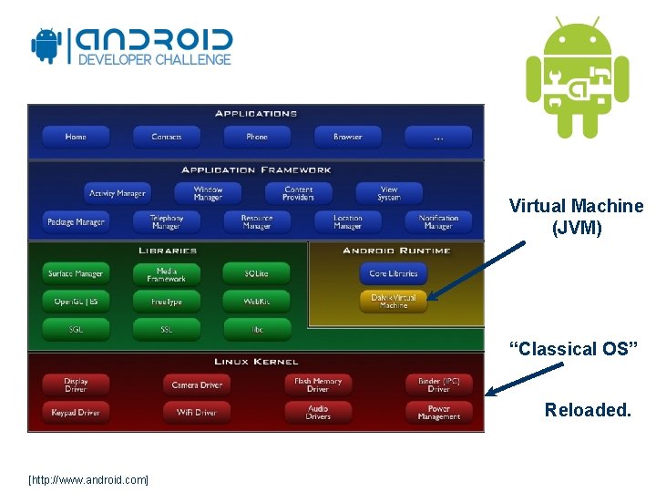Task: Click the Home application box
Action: point(76,137)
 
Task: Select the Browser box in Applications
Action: point(347,137)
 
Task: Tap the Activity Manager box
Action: point(117,193)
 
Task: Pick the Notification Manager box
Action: point(438,221)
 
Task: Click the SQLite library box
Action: point(256,273)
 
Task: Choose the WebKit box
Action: point(256,301)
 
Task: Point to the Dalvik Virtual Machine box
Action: point(394,302)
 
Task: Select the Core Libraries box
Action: point(394,273)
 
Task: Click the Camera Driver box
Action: point(197,385)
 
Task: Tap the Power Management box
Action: point(438,413)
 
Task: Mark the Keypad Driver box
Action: point(76,413)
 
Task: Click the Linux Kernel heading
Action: point(256,362)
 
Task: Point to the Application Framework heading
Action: point(256,169)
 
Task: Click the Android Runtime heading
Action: point(396,251)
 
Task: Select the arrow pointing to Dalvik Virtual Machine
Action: point(476,270)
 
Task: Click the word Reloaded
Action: point(588,410)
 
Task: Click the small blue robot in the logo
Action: point(46,46)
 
